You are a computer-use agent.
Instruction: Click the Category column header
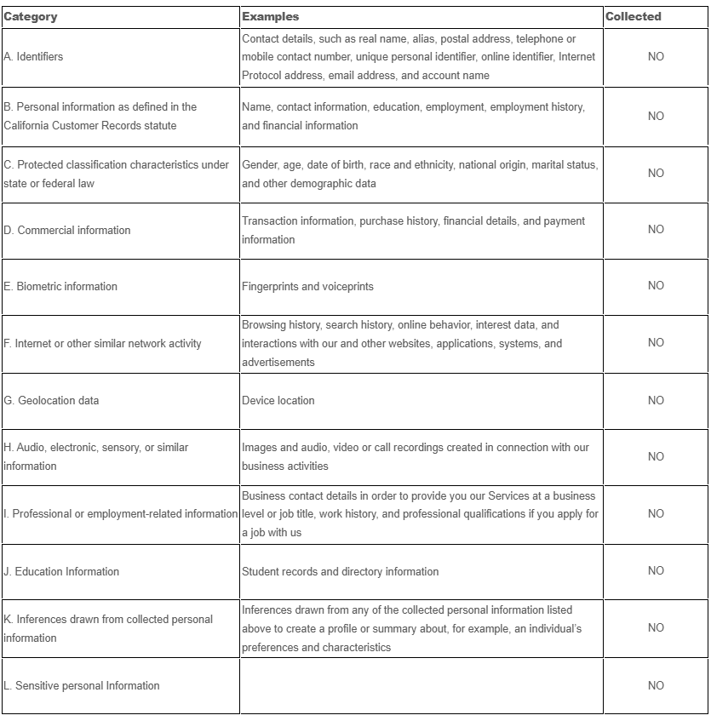click(x=31, y=16)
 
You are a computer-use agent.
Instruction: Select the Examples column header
click(x=270, y=16)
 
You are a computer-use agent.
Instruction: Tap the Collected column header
click(x=633, y=16)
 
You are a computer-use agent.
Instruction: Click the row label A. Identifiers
click(x=33, y=57)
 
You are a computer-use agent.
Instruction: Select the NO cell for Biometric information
click(x=656, y=286)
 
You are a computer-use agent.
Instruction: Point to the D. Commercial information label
click(x=67, y=231)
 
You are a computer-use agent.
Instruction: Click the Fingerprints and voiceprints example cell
click(x=307, y=287)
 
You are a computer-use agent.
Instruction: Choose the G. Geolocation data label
click(x=51, y=401)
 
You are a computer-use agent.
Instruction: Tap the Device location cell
click(x=278, y=401)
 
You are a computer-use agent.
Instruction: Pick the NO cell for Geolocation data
click(x=656, y=400)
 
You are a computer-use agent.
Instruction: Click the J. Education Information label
click(x=61, y=572)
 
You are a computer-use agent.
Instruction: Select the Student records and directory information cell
click(x=340, y=572)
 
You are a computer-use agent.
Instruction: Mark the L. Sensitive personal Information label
click(x=82, y=686)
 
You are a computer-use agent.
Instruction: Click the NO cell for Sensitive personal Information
click(x=656, y=685)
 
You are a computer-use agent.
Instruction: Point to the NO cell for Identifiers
click(x=656, y=57)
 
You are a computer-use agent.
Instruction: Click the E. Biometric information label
click(x=60, y=287)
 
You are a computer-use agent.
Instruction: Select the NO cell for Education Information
click(x=656, y=571)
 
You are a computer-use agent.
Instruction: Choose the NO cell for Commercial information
click(x=656, y=230)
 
